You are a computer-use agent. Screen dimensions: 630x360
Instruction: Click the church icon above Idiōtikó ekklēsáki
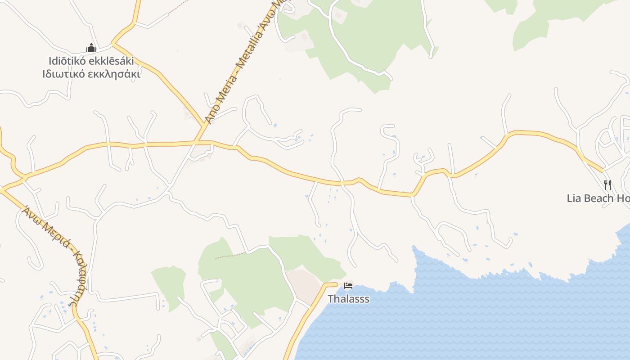[91, 48]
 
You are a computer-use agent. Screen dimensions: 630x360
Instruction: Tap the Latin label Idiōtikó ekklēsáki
[91, 61]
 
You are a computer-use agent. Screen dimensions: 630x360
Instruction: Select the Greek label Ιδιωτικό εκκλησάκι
[91, 74]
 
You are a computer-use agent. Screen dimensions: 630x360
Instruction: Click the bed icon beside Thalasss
[348, 286]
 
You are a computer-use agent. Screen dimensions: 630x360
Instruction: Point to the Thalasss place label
[348, 299]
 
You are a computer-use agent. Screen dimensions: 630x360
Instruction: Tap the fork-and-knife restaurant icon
[607, 184]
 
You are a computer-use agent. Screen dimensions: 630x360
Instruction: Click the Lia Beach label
[598, 198]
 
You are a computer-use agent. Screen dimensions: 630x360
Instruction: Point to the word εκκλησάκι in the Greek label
[117, 74]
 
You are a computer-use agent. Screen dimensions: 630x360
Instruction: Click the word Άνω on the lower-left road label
[31, 214]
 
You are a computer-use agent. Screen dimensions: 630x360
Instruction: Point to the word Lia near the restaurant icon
[573, 198]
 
